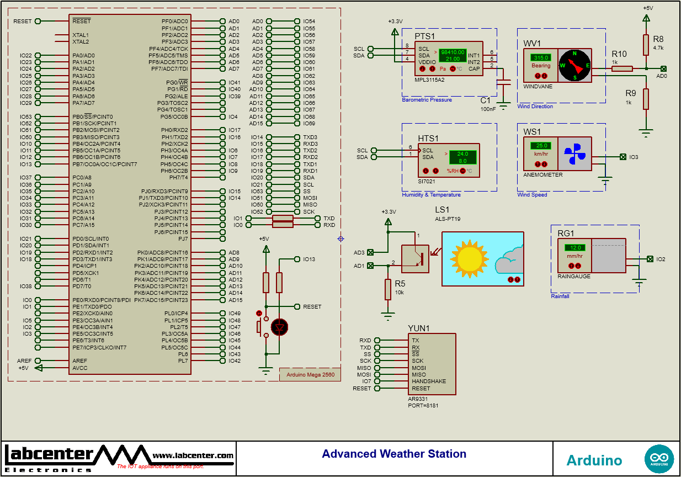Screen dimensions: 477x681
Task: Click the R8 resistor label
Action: click(658, 39)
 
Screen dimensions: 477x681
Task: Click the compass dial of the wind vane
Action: click(574, 66)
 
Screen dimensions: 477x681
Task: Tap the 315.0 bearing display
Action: click(540, 57)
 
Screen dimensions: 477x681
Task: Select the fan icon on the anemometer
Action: click(574, 154)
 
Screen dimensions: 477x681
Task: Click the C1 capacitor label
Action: click(485, 100)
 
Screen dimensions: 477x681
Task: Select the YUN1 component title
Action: click(418, 328)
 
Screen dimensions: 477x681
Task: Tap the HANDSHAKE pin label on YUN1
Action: click(428, 381)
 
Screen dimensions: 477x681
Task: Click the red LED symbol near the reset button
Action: click(280, 327)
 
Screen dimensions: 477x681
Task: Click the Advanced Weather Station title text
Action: click(394, 454)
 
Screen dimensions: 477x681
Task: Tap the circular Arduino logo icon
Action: click(659, 459)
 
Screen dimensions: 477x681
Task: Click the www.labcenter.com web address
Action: click(193, 455)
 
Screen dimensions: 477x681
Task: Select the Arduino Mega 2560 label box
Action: click(310, 375)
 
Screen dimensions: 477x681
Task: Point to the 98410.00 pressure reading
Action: click(453, 52)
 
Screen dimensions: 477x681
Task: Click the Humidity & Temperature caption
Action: click(431, 195)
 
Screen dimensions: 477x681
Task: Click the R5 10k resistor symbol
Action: click(388, 290)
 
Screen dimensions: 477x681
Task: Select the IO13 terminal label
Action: click(309, 259)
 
